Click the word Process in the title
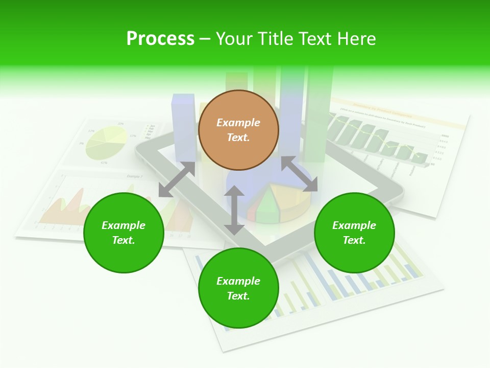160,39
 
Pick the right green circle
354,256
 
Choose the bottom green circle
238,312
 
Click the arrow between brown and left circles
177,179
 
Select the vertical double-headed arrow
234,210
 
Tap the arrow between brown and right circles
299,174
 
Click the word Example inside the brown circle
238,123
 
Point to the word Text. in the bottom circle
238,296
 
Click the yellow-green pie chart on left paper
106,143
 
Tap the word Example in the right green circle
354,225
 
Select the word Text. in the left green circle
124,240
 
